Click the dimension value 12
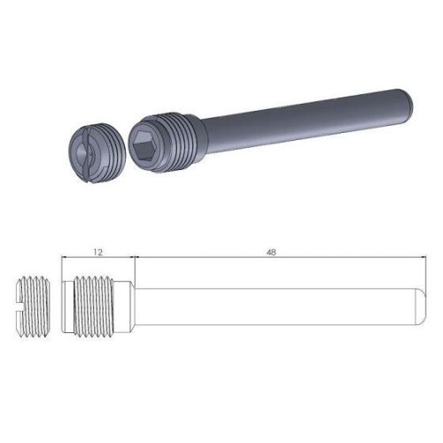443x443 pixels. (97, 252)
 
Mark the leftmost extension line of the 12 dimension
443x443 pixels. (61, 266)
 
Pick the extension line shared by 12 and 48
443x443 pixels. (132, 266)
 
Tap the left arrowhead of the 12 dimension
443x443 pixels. (66, 258)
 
